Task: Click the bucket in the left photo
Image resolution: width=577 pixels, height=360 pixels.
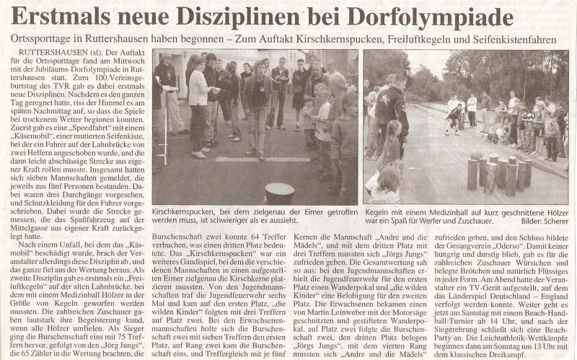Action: [x=279, y=193]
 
